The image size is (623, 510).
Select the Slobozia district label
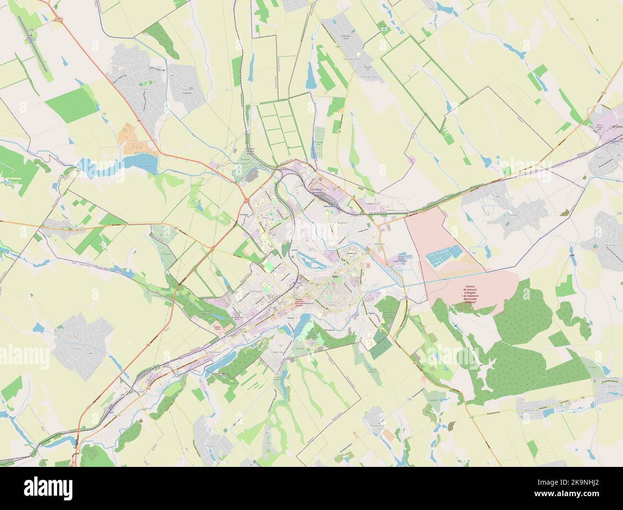(342, 223)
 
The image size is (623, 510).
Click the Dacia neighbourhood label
(265, 217)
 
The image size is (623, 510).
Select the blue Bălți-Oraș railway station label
(297, 283)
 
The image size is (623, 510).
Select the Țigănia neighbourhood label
(371, 313)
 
